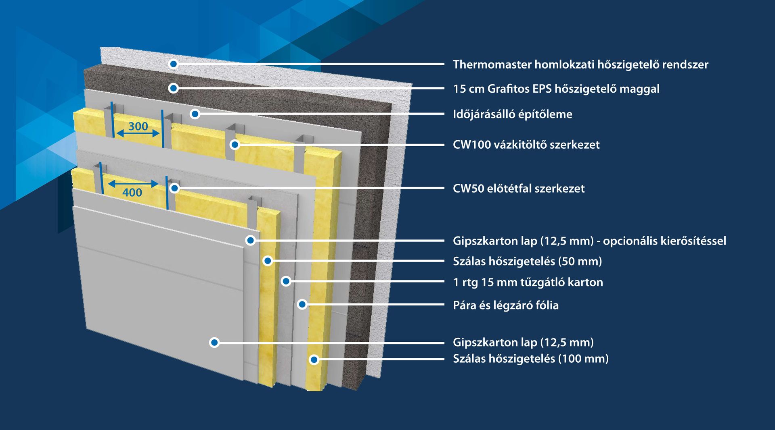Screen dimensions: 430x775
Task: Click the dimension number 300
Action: tap(138, 126)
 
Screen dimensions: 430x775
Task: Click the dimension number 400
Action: tap(132, 192)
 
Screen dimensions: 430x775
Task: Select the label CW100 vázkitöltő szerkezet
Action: tap(526, 145)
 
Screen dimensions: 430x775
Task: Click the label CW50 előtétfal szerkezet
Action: tap(518, 188)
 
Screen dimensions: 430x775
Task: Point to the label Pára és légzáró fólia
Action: tap(505, 305)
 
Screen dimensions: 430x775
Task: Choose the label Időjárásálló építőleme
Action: tap(512, 114)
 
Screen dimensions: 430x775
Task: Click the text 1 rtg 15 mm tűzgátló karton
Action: tap(528, 282)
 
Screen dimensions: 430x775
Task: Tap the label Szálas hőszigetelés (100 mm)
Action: tap(530, 358)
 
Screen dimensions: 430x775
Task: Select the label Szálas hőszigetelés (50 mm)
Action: tap(527, 261)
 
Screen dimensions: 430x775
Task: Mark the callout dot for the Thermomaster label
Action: tap(173, 64)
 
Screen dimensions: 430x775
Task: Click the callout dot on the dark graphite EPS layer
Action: tap(173, 88)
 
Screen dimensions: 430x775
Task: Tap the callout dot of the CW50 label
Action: tap(174, 188)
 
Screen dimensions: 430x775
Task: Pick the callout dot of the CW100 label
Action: tap(235, 144)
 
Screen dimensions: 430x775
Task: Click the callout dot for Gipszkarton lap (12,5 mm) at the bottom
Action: tap(214, 343)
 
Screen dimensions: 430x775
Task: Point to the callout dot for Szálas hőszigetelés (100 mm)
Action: tap(314, 359)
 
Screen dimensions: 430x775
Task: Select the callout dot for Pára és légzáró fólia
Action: tap(302, 304)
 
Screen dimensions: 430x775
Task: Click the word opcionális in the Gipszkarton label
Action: tap(630, 241)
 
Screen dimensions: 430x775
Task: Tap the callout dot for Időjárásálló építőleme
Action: tap(195, 114)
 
